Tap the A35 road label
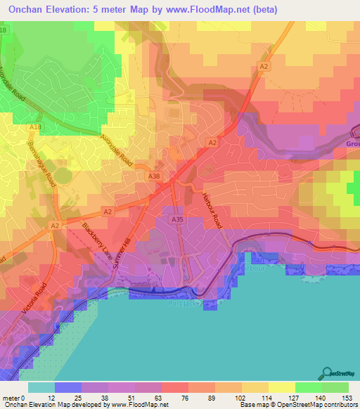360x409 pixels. click(x=178, y=220)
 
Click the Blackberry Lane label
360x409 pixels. click(x=98, y=242)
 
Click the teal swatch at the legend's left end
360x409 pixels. click(x=41, y=387)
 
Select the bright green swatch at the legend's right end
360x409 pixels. click(x=335, y=387)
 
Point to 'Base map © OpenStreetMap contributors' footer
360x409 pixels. click(x=297, y=405)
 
